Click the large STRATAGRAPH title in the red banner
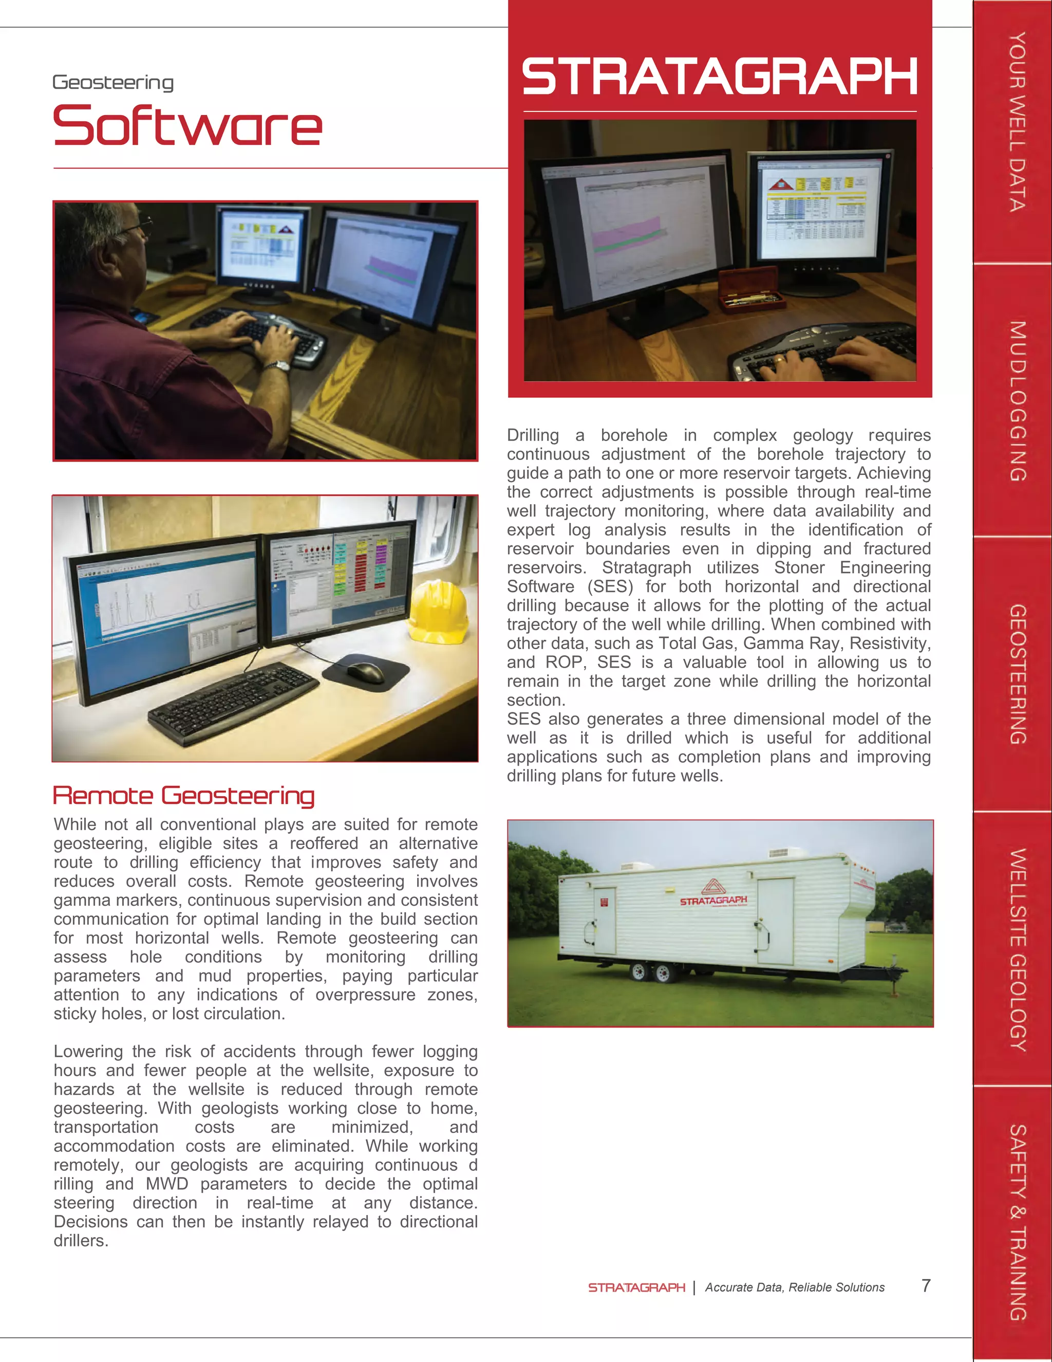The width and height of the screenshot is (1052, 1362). pyautogui.click(x=719, y=76)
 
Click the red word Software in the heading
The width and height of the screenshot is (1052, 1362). pyautogui.click(x=187, y=126)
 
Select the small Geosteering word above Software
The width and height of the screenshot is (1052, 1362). pyautogui.click(x=113, y=82)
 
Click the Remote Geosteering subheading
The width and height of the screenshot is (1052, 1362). pyautogui.click(x=184, y=796)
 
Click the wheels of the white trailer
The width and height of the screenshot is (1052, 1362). pyautogui.click(x=651, y=971)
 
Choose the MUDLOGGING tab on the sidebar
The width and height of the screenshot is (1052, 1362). pyautogui.click(x=1017, y=401)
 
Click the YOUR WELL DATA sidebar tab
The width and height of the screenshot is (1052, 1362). pyautogui.click(x=1017, y=122)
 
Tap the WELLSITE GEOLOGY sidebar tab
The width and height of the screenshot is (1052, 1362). pyautogui.click(x=1017, y=949)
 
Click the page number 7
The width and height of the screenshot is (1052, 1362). pyautogui.click(x=926, y=1285)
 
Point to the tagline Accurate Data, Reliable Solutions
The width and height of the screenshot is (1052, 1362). pyautogui.click(x=794, y=1287)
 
